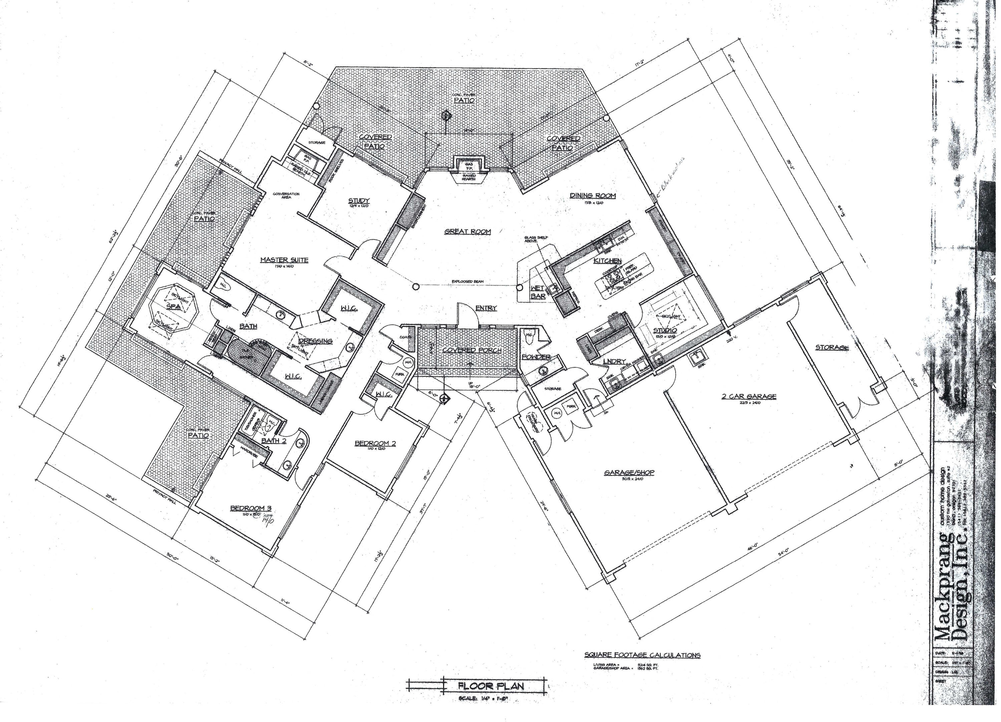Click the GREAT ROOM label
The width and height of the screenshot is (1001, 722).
[467, 231]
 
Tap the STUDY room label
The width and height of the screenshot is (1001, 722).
[359, 200]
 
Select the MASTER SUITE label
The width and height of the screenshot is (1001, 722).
[284, 260]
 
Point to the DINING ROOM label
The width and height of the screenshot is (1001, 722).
[592, 196]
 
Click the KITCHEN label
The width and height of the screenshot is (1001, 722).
[607, 261]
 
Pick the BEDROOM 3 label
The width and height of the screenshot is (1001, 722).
[250, 508]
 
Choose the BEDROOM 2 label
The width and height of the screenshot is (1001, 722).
[375, 443]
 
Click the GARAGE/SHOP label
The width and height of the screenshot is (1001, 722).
[629, 472]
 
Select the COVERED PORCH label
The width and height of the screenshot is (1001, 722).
[471, 350]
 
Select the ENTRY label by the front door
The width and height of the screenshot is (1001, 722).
[486, 308]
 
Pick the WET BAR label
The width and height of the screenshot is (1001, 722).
[538, 292]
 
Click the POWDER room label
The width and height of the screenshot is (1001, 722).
[536, 356]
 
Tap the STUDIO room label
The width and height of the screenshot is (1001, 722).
[665, 330]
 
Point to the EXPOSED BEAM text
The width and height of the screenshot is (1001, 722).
[468, 281]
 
